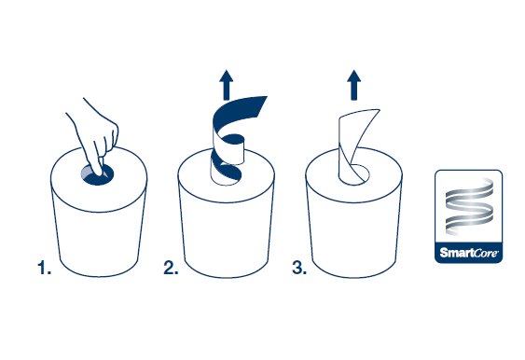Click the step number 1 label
pyautogui.click(x=44, y=268)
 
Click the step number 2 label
pyautogui.click(x=171, y=268)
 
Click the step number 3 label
pyautogui.click(x=299, y=268)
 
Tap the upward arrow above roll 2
pyautogui.click(x=227, y=85)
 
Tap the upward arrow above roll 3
pyautogui.click(x=354, y=85)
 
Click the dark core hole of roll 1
pyautogui.click(x=97, y=174)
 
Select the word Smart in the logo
pyautogui.click(x=455, y=252)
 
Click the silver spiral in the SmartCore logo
pyautogui.click(x=469, y=206)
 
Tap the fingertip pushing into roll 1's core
pyautogui.click(x=99, y=173)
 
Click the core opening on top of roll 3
pyautogui.click(x=360, y=174)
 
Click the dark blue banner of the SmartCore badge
pyautogui.click(x=469, y=252)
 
